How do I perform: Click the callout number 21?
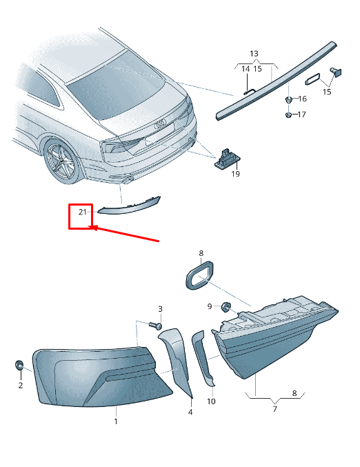(82, 212)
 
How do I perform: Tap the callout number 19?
(236, 174)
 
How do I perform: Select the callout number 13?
(254, 54)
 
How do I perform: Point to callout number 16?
(302, 99)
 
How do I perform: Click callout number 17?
(301, 115)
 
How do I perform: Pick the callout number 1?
(116, 421)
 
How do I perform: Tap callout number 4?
(190, 413)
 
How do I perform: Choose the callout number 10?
(211, 401)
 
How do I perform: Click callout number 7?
(275, 409)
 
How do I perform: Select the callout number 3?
(160, 309)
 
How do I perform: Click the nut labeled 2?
(19, 365)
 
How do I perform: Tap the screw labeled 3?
(155, 325)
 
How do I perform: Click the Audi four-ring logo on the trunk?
(160, 124)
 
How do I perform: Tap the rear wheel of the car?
(63, 161)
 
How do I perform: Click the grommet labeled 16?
(288, 99)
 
